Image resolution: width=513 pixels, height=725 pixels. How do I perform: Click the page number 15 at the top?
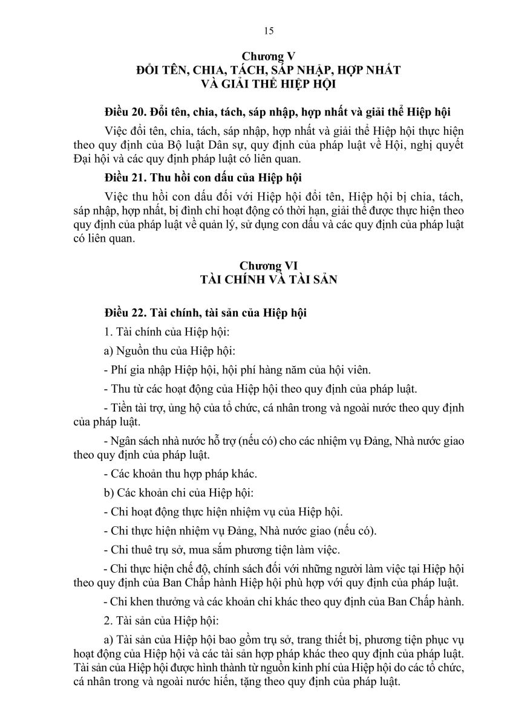[269, 31]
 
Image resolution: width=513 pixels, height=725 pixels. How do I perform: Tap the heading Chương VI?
[269, 266]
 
